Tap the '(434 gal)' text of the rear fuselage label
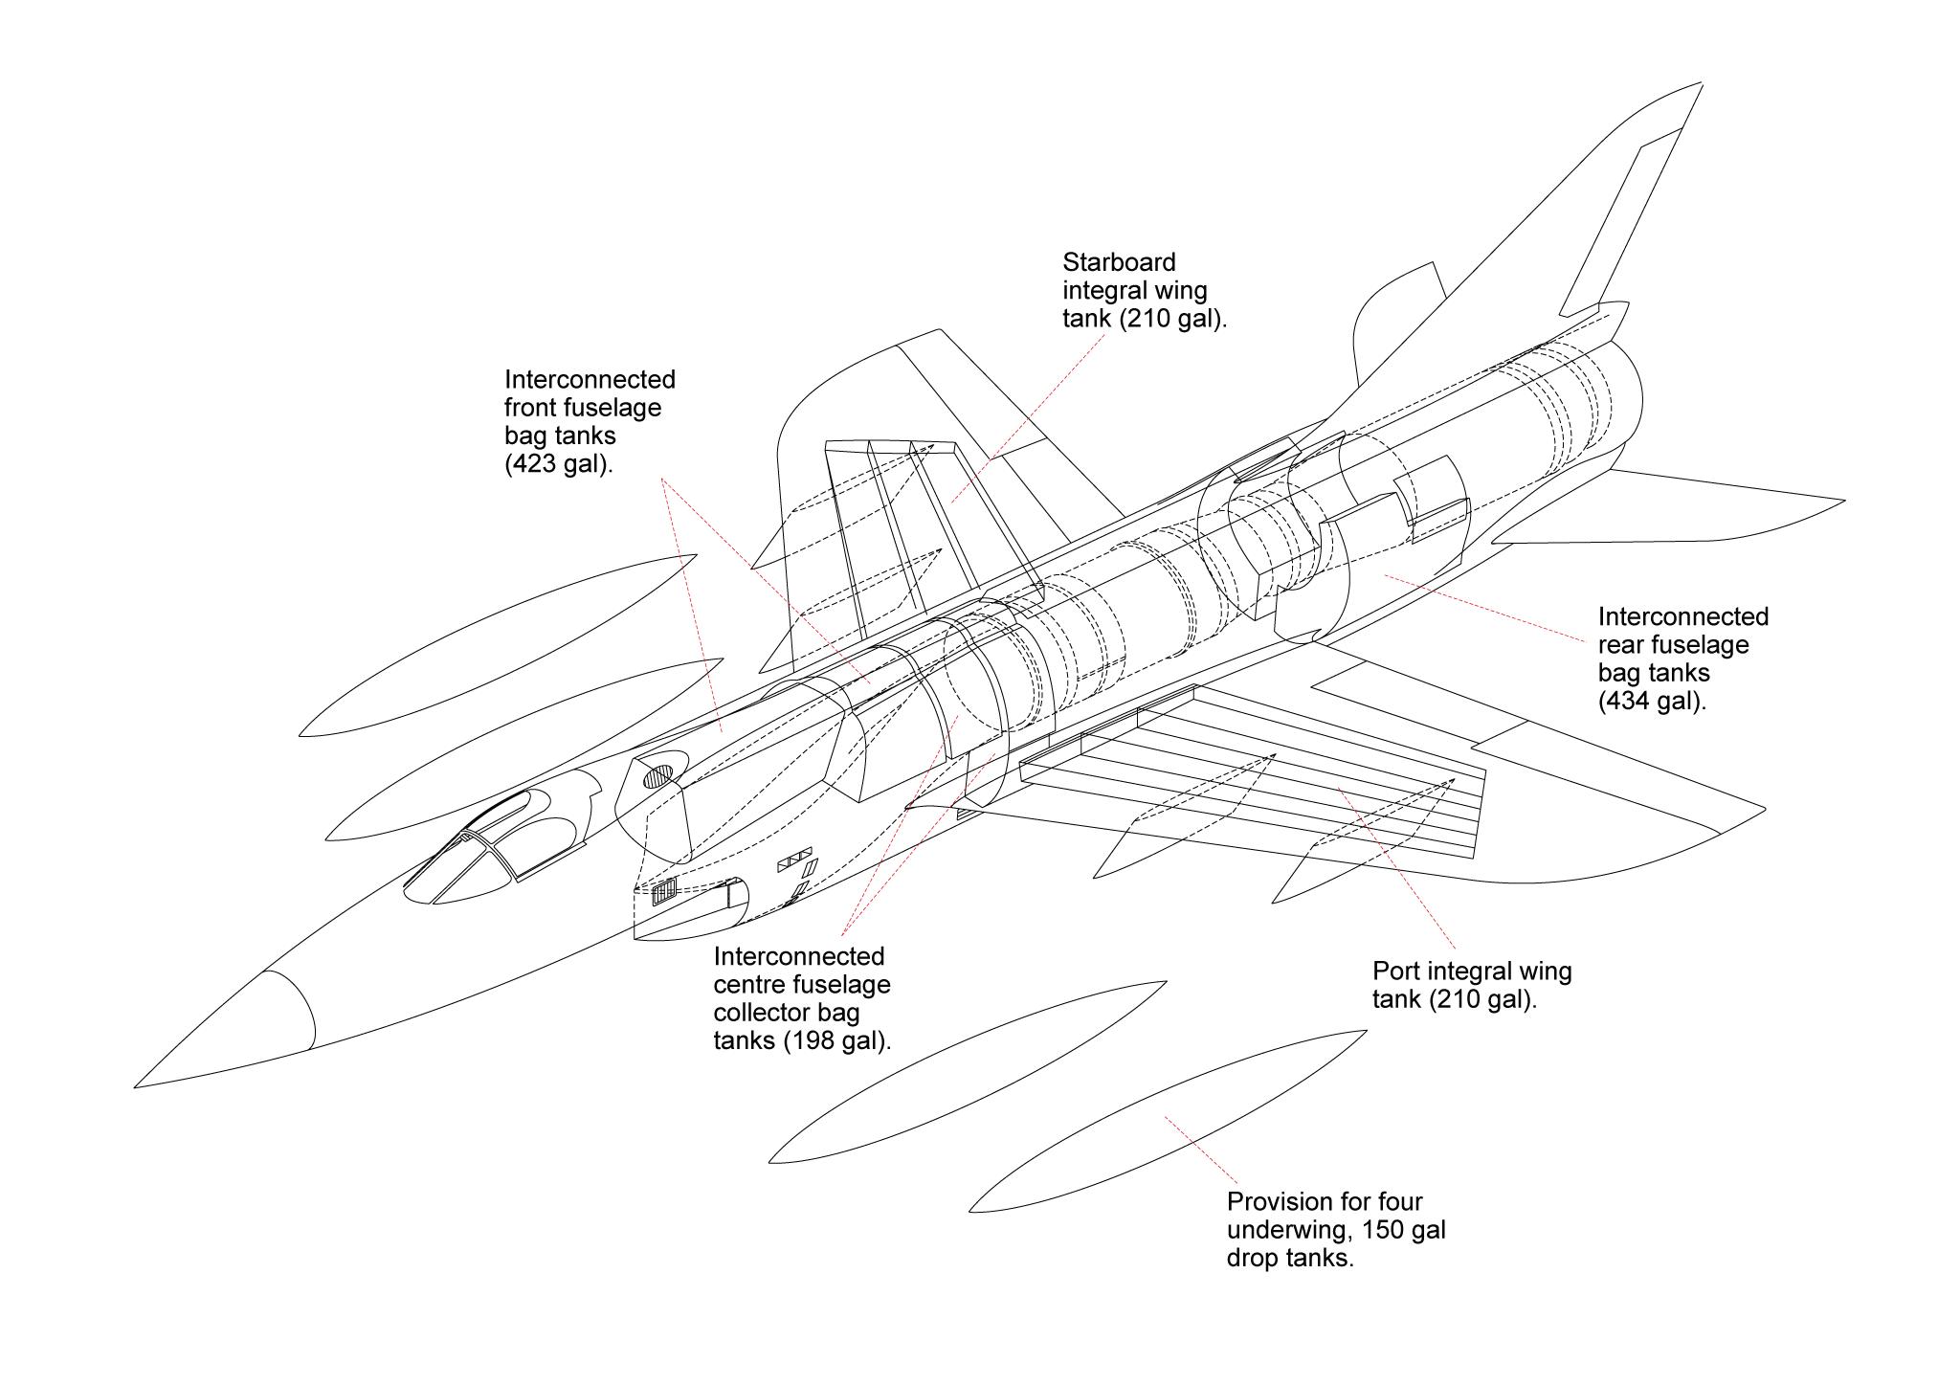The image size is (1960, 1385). (1652, 702)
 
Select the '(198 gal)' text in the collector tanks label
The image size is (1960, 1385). (838, 1041)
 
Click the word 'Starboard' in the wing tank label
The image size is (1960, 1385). (1119, 263)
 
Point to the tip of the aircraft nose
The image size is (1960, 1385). (137, 1086)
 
